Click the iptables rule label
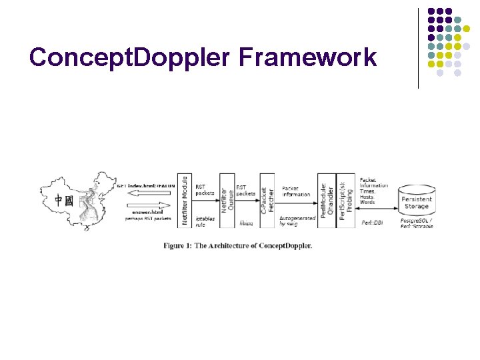(205, 221)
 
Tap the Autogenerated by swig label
(297, 221)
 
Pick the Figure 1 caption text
(238, 245)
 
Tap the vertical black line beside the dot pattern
(418, 48)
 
